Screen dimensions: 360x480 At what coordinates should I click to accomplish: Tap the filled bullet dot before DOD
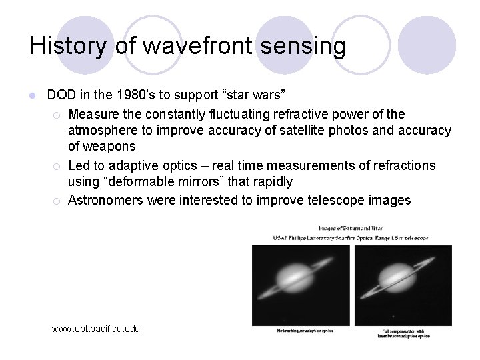point(31,96)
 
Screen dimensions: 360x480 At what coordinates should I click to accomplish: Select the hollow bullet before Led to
point(59,165)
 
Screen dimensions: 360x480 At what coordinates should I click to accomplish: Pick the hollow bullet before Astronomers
point(59,200)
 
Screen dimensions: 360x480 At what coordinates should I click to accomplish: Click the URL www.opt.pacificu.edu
point(96,329)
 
